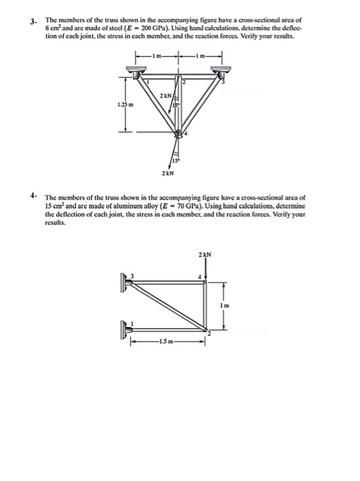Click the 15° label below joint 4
(185, 161)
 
